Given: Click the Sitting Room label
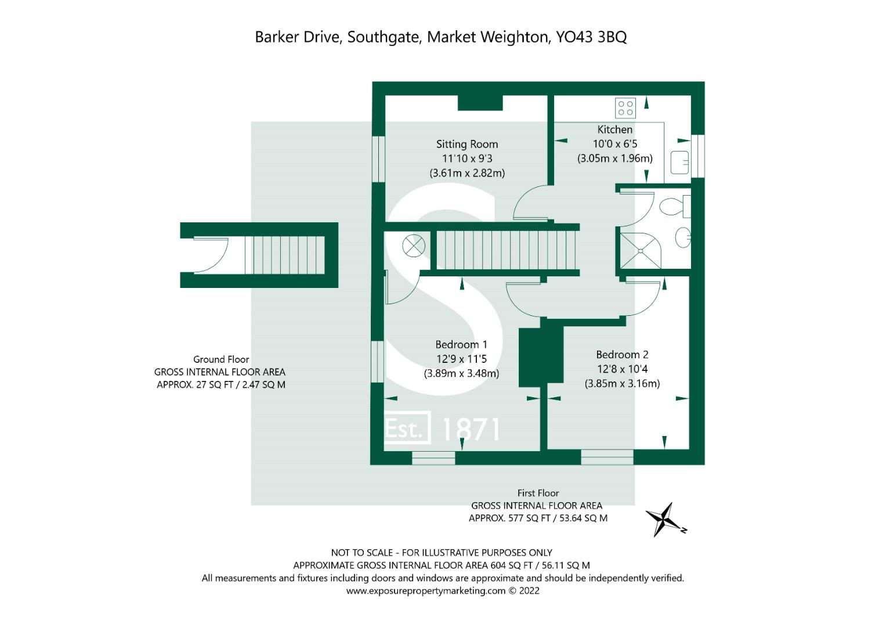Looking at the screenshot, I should coord(467,144).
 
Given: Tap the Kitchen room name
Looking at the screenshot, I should coord(614,129).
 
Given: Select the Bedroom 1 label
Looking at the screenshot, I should coord(461,344).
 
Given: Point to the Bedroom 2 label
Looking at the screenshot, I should coord(622,354).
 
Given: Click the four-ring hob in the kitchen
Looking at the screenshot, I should coord(625,108).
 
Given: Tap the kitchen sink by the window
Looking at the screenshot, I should coord(679,162).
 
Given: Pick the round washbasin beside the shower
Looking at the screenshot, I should coord(682,237).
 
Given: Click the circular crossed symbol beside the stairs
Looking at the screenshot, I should coord(414,246).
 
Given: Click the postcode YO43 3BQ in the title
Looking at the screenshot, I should coord(591,37).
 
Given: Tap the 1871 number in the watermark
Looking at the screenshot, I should coord(471,429).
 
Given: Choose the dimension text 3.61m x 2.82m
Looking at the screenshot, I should coord(467,173).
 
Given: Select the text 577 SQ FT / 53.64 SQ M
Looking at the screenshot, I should coord(558,518).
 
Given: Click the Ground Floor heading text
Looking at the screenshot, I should coord(221,359).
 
